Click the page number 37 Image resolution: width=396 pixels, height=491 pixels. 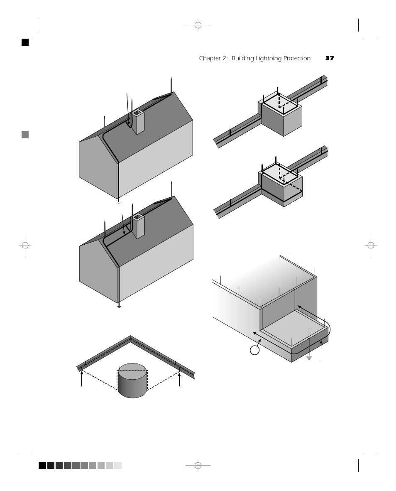coord(329,59)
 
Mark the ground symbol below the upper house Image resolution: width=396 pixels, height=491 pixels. coord(119,202)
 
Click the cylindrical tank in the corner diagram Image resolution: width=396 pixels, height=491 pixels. coord(132,381)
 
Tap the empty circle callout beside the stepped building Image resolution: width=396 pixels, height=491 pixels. coord(255,350)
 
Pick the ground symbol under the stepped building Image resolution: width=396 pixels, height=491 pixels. coord(309,357)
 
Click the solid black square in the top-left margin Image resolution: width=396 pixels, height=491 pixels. coord(25,42)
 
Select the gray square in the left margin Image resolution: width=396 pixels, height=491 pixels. coord(25,135)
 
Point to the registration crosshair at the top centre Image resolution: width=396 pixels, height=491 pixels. coord(198,25)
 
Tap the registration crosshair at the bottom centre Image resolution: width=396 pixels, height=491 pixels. coord(198,465)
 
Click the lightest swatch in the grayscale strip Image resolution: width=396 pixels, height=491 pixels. coord(118,466)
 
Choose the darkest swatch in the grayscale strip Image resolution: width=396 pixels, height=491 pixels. coord(42,466)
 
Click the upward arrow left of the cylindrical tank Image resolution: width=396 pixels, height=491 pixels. coord(82,378)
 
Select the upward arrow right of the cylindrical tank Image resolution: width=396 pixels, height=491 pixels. coord(179,378)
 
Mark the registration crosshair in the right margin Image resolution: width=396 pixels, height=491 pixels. coord(371,245)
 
